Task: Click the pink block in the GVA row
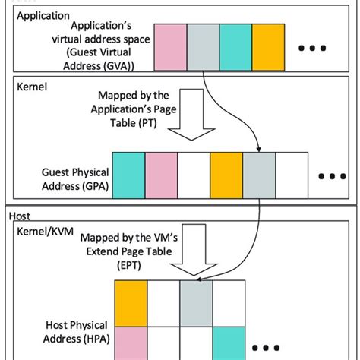coord(170,46)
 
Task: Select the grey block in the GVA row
coord(203,46)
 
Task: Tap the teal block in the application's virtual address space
coord(235,46)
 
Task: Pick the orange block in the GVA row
coord(267,46)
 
